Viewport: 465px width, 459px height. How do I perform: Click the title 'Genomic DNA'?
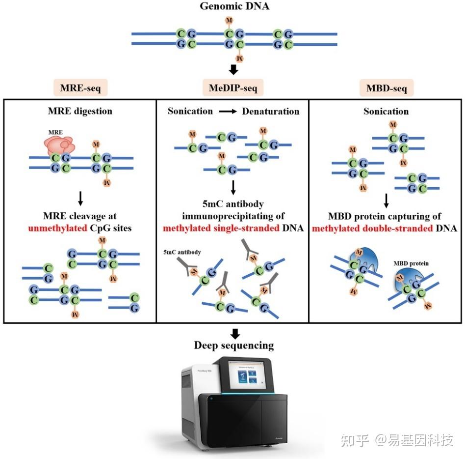pyautogui.click(x=234, y=6)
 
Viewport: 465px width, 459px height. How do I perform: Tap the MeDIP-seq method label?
pyautogui.click(x=233, y=88)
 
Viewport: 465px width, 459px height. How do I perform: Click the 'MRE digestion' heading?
pyautogui.click(x=79, y=111)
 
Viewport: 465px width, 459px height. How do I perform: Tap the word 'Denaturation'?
pyautogui.click(x=270, y=111)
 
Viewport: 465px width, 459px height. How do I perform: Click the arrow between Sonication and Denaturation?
pyautogui.click(x=227, y=112)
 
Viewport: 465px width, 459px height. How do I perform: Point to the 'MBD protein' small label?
pyautogui.click(x=411, y=263)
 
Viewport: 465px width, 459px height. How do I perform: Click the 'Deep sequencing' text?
pyautogui.click(x=234, y=345)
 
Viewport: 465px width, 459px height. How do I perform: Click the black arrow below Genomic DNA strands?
pyautogui.click(x=234, y=70)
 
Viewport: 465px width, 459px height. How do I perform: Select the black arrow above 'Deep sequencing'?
pyautogui.click(x=235, y=332)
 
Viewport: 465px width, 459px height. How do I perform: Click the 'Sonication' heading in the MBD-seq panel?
pyautogui.click(x=386, y=111)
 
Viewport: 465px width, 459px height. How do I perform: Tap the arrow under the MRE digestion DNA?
pyautogui.click(x=80, y=198)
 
